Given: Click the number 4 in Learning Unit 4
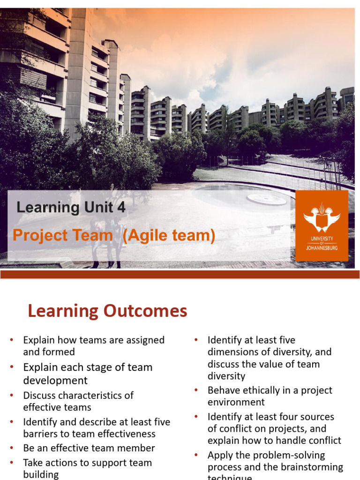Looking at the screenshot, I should (x=121, y=208).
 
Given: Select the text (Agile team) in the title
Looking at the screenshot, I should (x=169, y=236).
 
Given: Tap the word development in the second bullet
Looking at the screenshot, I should (x=55, y=380).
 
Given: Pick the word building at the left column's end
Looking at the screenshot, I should (x=41, y=474).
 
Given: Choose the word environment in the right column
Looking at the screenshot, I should (x=236, y=402).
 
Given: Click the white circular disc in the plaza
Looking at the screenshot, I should (x=267, y=199).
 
